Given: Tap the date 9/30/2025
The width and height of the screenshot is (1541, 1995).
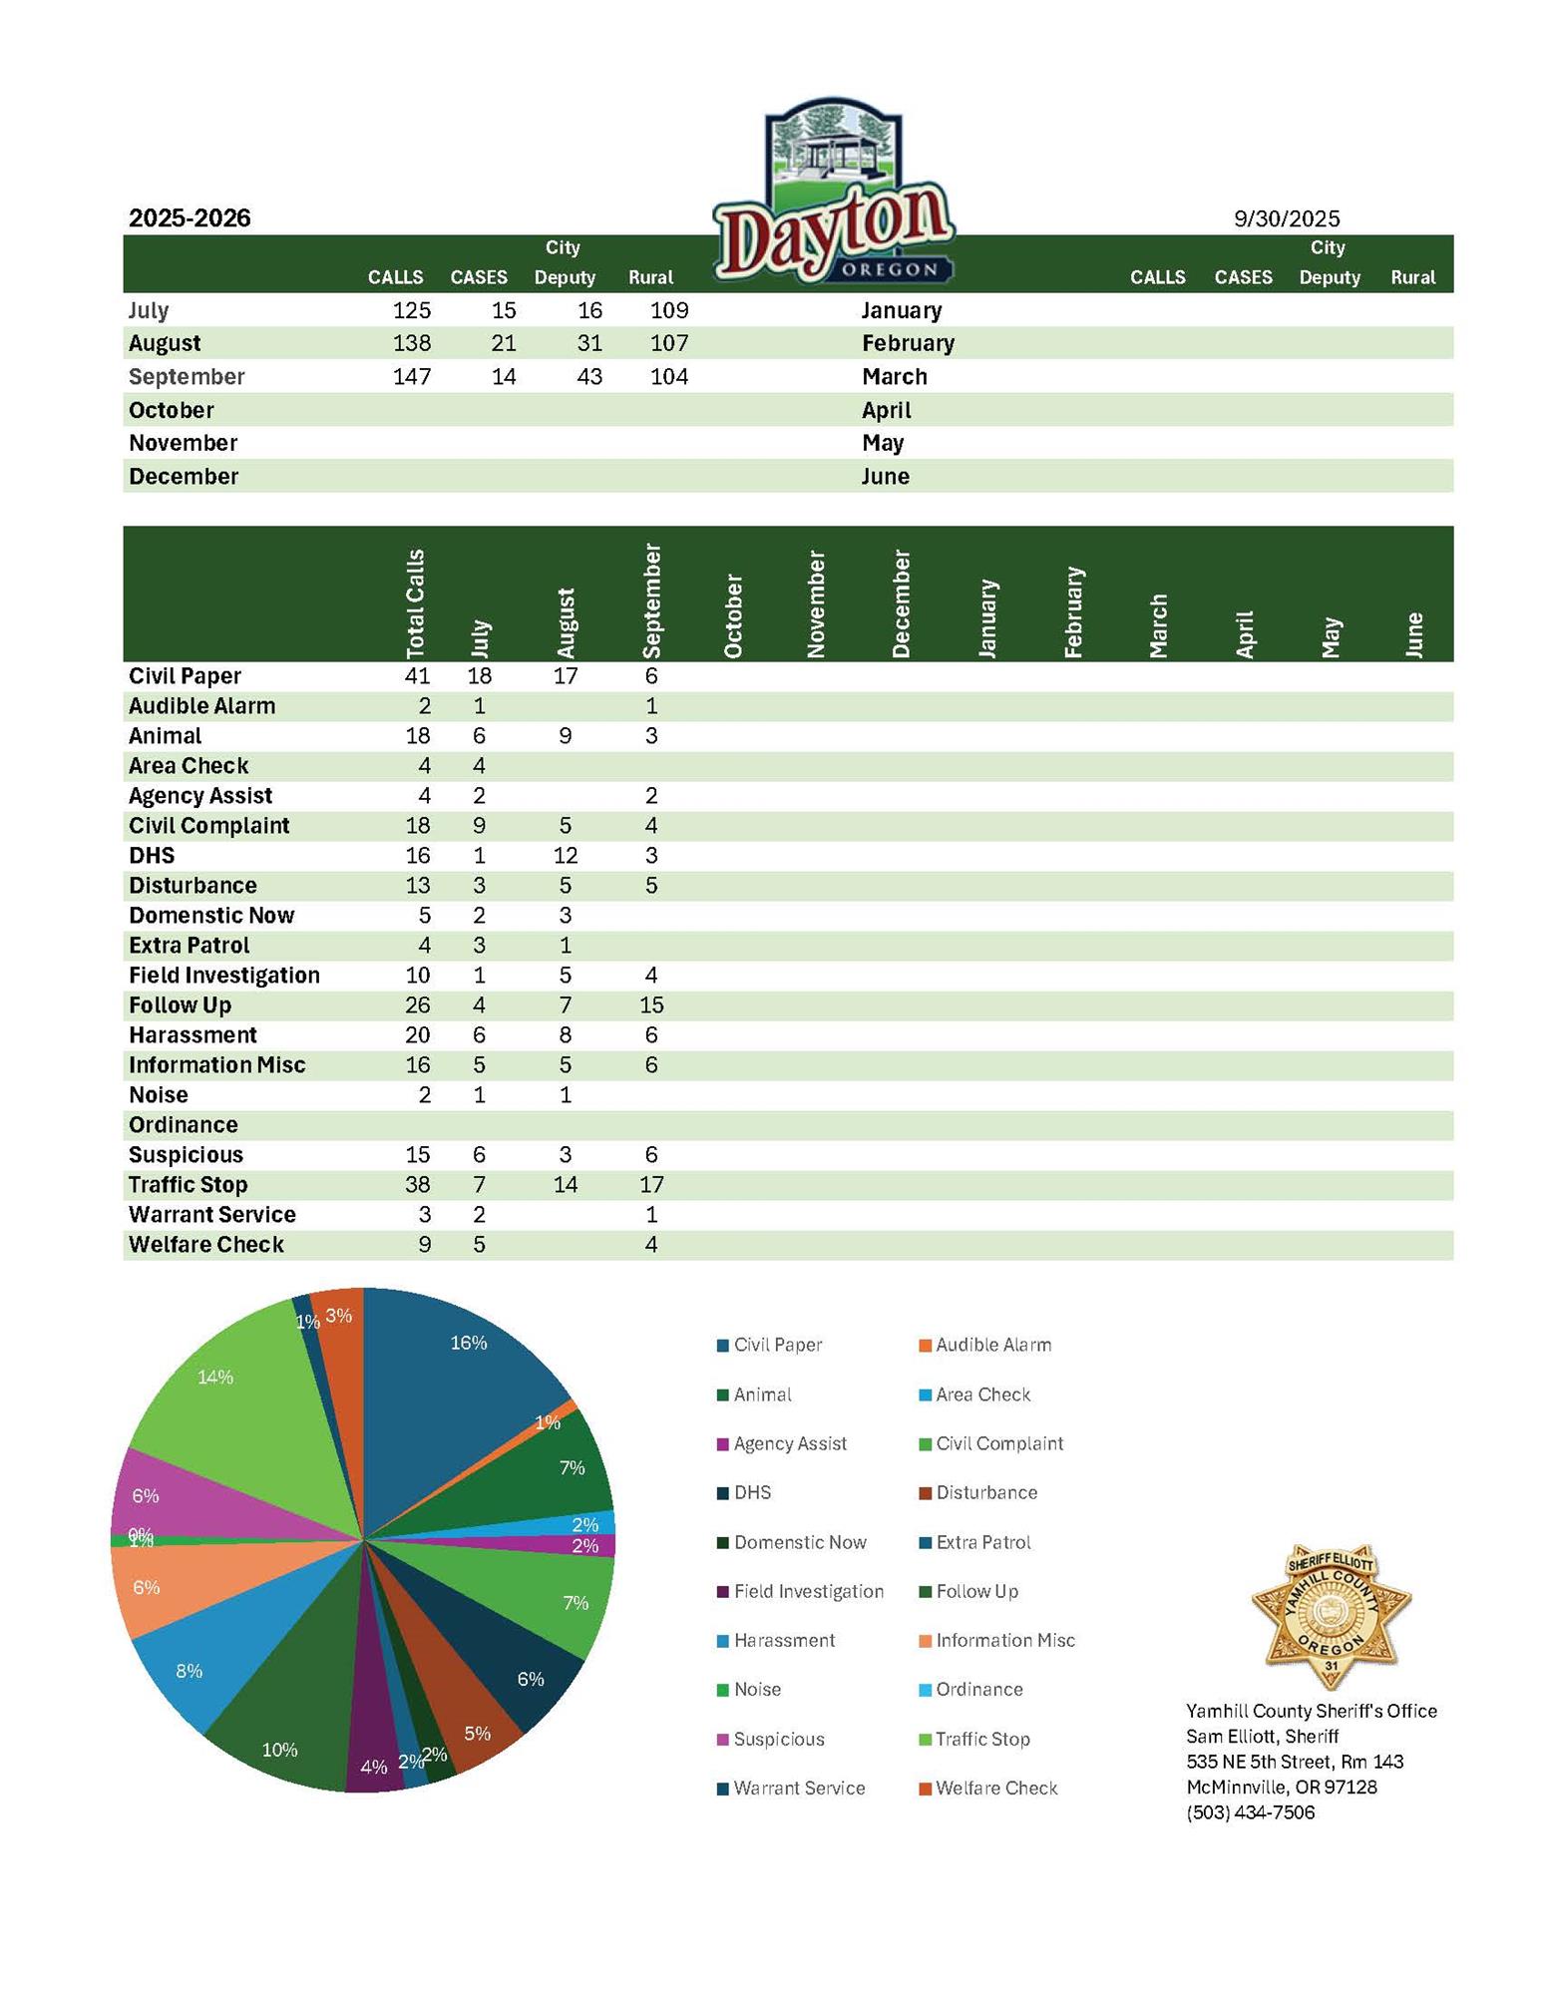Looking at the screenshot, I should pos(1286,218).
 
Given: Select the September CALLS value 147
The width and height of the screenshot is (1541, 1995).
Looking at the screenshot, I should pos(411,377).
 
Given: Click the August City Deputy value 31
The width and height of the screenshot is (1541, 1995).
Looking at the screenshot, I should pos(589,343).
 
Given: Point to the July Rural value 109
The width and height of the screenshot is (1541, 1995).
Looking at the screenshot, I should pos(668,310).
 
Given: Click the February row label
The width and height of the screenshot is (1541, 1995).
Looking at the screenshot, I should pos(908,343).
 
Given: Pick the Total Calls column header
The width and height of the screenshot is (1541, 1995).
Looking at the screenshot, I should pos(416,602).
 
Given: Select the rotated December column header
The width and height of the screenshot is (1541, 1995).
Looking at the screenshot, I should pos(902,602).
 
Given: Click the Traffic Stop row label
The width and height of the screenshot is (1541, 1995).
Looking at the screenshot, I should pos(188,1184).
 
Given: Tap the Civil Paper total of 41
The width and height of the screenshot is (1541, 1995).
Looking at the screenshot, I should pos(417,675).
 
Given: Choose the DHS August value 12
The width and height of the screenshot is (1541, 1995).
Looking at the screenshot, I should pos(566,855).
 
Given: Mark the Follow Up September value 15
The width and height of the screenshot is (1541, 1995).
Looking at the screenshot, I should pos(650,1004).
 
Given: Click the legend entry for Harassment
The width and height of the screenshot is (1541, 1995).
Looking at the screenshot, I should pos(784,1640).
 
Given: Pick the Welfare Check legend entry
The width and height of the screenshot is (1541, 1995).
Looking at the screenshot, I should pos(995,1788).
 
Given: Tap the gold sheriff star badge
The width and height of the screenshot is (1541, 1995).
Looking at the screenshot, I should pos(1330,1605).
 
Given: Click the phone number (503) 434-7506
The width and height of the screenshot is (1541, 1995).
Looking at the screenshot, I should pos(1250,1811).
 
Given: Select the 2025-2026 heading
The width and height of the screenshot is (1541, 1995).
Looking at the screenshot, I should pos(190,218).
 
